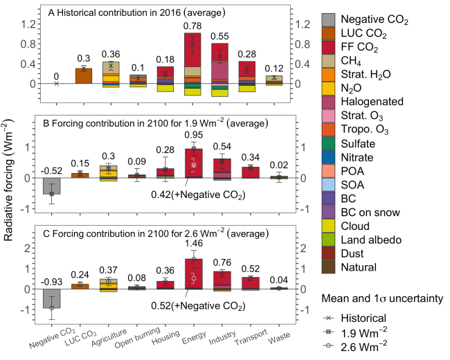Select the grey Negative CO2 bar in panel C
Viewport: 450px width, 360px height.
pos(52,298)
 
